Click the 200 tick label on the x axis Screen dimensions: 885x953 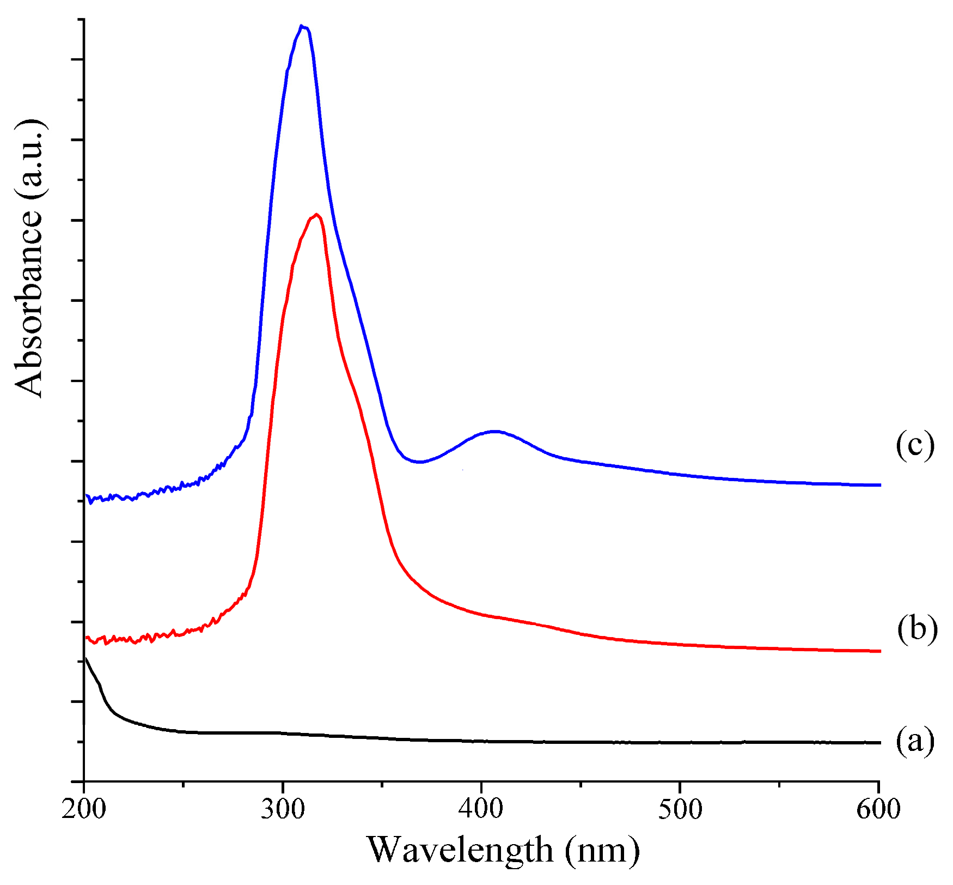coord(83,810)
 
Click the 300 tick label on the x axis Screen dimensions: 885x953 coord(283,810)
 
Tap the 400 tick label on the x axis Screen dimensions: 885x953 coord(481,810)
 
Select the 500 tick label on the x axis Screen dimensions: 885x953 coord(680,810)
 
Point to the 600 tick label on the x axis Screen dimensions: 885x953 coord(878,810)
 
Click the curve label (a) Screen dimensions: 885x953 coord(915,741)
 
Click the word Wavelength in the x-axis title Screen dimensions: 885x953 coord(460,851)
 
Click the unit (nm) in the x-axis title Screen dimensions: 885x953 coord(602,851)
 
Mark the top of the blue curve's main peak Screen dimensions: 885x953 coord(302,26)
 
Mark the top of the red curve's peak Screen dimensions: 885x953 coord(316,214)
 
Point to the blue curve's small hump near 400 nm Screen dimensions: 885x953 coord(494,431)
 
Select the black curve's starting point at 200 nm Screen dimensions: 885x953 coord(85,659)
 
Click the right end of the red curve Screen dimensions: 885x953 coord(879,651)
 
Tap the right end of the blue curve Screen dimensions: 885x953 coord(879,484)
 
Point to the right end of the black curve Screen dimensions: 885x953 coord(879,742)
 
